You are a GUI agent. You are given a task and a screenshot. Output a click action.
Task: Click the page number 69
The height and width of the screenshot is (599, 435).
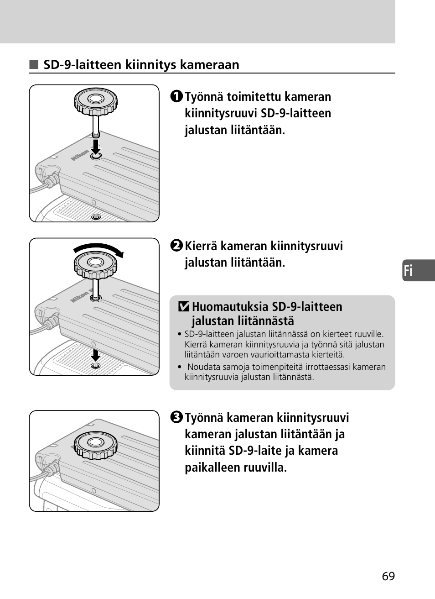point(388,576)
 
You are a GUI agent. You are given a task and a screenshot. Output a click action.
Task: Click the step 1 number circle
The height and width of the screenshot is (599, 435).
point(177,97)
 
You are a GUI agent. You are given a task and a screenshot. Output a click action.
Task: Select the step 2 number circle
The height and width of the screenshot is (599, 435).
point(177,246)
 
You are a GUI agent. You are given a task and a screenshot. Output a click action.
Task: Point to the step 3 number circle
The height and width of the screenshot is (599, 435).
point(177,418)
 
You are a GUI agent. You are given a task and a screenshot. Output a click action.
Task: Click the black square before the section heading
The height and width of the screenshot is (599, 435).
point(34,65)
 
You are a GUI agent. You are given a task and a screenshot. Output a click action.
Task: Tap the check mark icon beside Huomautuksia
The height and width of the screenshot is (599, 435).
point(183,307)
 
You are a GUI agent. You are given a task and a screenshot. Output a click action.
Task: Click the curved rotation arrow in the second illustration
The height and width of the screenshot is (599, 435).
point(99,248)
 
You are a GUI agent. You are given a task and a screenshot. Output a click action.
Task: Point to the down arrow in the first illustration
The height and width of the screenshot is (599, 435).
point(95,147)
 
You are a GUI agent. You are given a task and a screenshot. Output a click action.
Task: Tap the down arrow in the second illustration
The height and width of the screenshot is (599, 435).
point(95,355)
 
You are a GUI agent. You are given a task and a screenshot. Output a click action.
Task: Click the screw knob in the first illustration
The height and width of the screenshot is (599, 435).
point(96,101)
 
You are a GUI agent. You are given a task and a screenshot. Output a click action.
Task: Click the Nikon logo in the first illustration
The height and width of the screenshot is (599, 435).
point(80,155)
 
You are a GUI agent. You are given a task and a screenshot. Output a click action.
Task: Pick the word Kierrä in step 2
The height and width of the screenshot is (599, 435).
point(201,246)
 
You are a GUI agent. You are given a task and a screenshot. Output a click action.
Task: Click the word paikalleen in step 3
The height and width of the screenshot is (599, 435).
point(211,468)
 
